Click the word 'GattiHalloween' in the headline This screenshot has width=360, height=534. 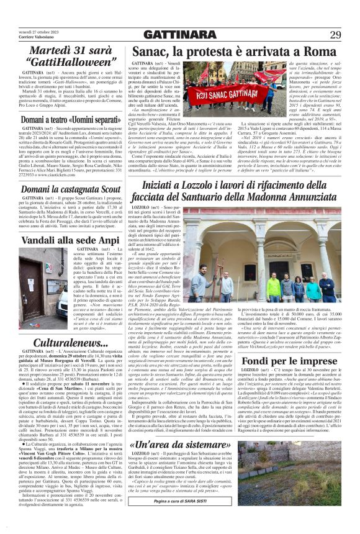click(70, 61)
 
